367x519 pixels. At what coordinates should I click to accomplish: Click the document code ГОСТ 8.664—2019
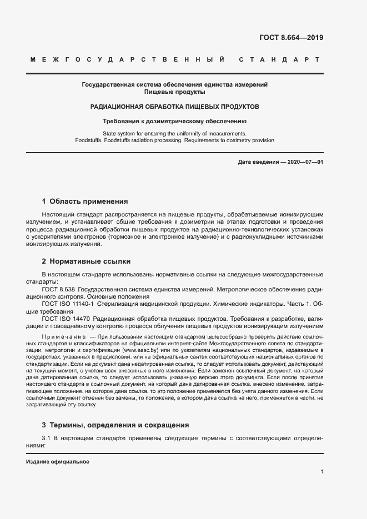click(291, 38)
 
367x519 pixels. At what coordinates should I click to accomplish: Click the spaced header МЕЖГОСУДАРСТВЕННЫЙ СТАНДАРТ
click(175, 59)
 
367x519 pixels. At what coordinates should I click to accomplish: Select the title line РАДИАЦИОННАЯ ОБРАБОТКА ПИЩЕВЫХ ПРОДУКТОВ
click(175, 106)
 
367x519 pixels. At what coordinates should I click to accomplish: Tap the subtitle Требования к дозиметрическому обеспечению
click(175, 120)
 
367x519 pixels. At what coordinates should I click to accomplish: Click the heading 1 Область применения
click(85, 201)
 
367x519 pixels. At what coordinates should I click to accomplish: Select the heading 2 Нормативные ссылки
click(86, 261)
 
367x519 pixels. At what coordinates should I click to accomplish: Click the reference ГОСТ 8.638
click(58, 289)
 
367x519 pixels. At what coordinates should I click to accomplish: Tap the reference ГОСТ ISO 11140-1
click(68, 304)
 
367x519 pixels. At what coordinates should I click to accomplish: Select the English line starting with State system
click(175, 133)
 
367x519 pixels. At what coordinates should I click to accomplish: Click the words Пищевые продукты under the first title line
click(175, 92)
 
